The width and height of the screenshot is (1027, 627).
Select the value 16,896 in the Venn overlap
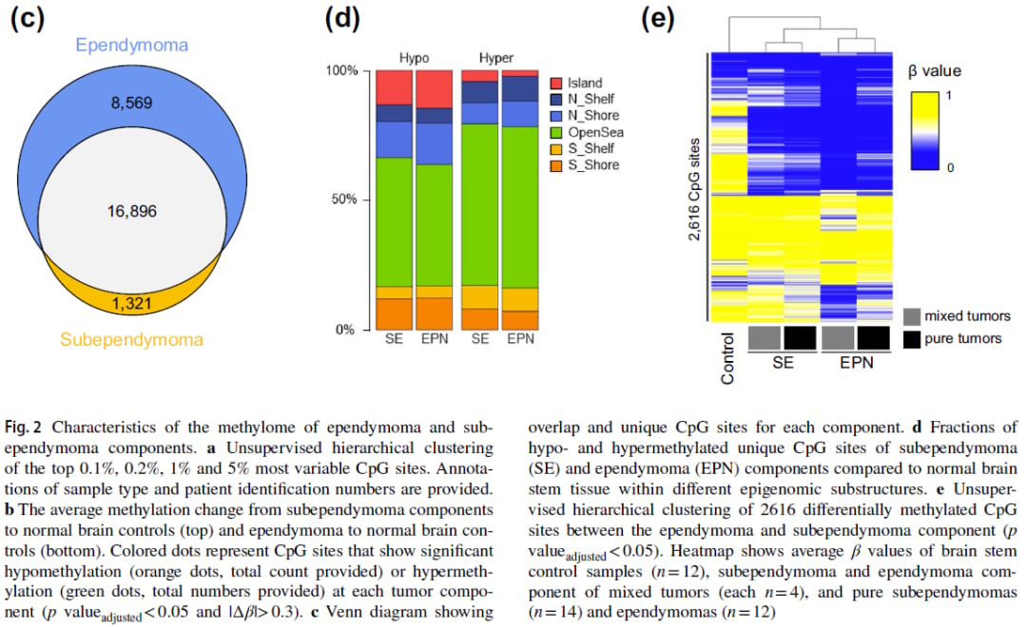131,211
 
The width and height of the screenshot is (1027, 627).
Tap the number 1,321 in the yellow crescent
131,304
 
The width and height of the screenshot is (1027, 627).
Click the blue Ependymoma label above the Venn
131,45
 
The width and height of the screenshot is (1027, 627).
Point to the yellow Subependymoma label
131,339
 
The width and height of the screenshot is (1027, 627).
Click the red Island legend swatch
557,84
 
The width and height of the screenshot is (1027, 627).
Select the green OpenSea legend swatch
557,132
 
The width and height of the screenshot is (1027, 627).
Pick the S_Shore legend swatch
557,165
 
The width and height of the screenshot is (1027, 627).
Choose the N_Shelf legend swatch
557,100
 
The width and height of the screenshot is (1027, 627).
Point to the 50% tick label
341,200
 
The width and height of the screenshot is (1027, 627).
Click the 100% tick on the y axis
339,71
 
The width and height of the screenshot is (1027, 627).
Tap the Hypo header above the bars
413,58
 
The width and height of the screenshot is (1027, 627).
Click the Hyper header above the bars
496,58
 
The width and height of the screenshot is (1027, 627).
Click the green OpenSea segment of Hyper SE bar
479,204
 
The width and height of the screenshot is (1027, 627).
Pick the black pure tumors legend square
912,338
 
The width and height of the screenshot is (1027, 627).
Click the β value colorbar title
935,71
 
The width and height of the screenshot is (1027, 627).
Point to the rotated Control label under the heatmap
728,358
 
